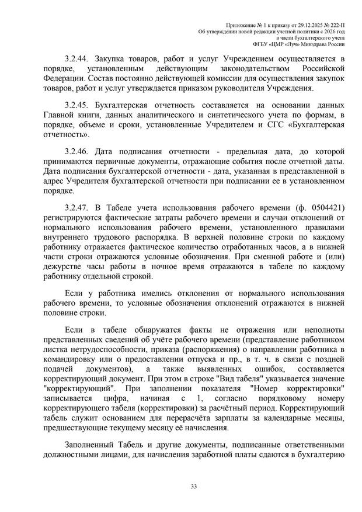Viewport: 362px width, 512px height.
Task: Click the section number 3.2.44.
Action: pos(78,60)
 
